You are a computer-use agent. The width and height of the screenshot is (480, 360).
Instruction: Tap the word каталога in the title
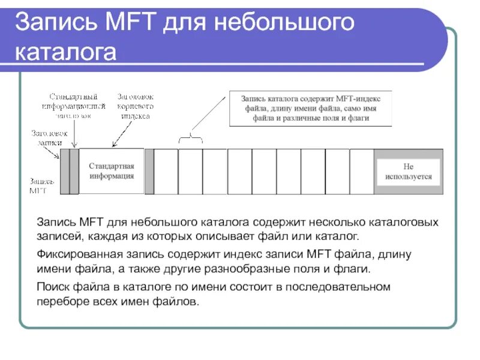pyautogui.click(x=65, y=52)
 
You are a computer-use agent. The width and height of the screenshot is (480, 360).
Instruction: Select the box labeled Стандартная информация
pyautogui.click(x=112, y=171)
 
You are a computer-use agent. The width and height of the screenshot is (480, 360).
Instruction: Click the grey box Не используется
pyautogui.click(x=409, y=172)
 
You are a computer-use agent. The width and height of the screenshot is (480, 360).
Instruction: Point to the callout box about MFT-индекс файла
pyautogui.click(x=310, y=108)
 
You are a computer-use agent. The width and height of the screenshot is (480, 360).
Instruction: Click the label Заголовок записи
pyautogui.click(x=49, y=137)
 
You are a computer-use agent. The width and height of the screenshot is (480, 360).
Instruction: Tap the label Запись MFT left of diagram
pyautogui.click(x=42, y=185)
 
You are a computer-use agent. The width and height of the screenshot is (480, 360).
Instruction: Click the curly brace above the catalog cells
pyautogui.click(x=191, y=138)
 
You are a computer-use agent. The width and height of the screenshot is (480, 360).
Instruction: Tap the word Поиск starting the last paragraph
pyautogui.click(x=52, y=287)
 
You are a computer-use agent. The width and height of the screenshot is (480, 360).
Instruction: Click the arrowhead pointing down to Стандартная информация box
pyautogui.click(x=113, y=145)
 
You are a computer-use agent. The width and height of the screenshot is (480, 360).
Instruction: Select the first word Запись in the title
pyautogui.click(x=50, y=24)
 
